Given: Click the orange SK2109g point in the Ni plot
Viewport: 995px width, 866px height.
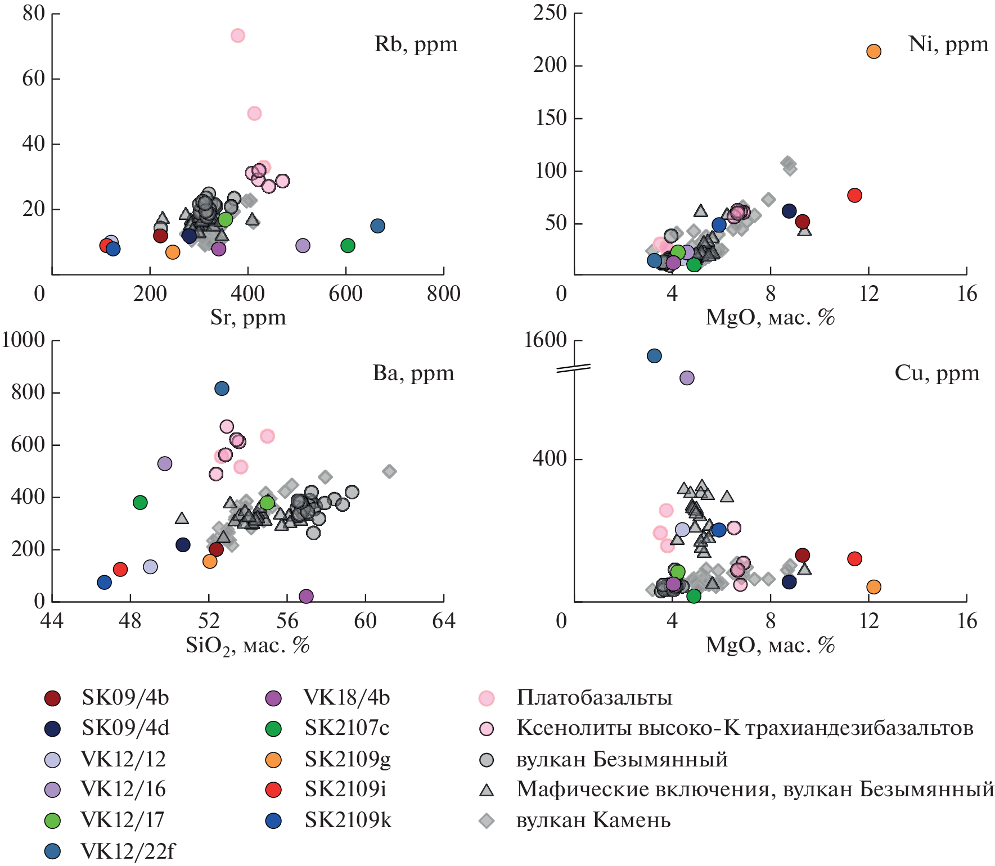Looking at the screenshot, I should click(873, 52).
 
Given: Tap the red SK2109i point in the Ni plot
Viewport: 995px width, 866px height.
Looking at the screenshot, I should click(854, 195).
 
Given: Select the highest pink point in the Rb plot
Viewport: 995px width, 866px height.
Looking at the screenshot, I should click(237, 35).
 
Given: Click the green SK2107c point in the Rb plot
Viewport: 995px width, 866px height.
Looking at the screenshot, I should click(348, 245).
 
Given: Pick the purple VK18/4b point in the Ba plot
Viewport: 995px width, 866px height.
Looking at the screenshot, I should click(306, 596).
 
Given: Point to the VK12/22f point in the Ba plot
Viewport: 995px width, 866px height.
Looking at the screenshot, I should click(222, 389).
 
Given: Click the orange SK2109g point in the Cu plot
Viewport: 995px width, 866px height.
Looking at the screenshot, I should click(873, 587).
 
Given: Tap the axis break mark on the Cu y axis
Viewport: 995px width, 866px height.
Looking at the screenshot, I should click(573, 369).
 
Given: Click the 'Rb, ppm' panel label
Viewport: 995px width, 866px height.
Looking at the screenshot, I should click(416, 44).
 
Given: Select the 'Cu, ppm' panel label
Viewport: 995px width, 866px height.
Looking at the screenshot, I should click(937, 373).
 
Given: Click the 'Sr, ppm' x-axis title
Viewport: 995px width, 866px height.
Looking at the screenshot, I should click(248, 318).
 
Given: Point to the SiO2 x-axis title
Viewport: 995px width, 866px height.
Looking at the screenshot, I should click(247, 646).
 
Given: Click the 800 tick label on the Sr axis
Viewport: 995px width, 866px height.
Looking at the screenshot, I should click(443, 294).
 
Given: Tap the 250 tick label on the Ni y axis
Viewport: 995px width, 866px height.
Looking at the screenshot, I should click(550, 12).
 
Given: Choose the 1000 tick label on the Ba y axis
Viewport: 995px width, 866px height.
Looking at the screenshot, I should click(24, 340).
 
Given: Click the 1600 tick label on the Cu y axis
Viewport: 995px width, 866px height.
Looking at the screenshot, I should click(545, 340).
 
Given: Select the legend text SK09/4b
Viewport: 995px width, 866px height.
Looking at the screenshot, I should click(125, 698).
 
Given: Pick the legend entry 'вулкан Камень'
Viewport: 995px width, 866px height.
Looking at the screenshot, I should click(593, 821).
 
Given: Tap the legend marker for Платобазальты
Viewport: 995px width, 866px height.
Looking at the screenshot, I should click(487, 698).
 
